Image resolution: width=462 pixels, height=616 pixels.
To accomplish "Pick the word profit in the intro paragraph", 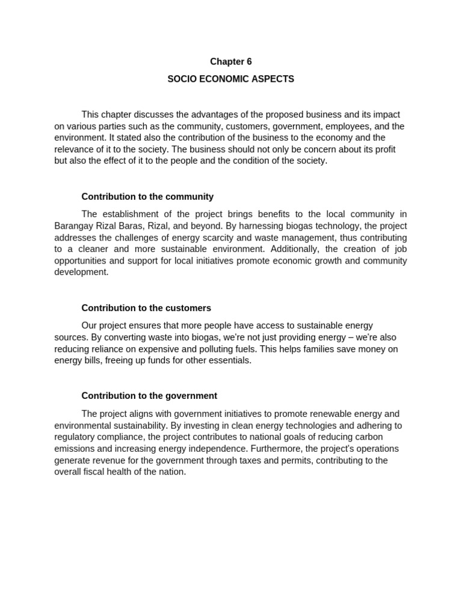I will pyautogui.click(x=384, y=149).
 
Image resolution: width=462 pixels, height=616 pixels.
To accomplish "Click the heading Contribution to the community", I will pyautogui.click(x=147, y=197).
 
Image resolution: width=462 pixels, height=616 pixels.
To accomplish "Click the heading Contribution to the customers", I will pyautogui.click(x=146, y=308).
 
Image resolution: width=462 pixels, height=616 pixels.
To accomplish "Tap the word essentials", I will pyautogui.click(x=229, y=360).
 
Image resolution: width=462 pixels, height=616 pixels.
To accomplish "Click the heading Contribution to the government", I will pyautogui.click(x=149, y=396).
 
